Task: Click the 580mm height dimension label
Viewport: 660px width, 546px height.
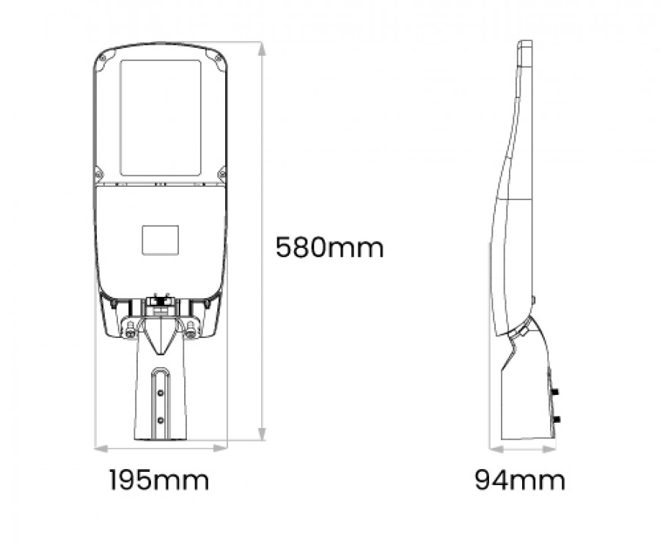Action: coord(329,247)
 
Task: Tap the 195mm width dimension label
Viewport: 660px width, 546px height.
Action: coord(159,479)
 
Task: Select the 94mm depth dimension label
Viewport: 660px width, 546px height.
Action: coord(520,479)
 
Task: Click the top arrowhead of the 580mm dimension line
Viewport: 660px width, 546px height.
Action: coord(262,49)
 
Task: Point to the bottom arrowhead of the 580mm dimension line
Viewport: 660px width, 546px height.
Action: coord(262,434)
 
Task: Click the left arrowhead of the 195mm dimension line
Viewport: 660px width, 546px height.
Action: coord(101,449)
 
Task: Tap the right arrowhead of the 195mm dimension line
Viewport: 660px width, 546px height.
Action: coord(220,449)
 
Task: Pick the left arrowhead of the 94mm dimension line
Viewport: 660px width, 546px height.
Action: coord(496,449)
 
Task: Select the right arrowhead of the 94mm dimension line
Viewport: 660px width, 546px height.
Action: coord(549,449)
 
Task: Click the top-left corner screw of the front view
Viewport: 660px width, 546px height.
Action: coord(103,59)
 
